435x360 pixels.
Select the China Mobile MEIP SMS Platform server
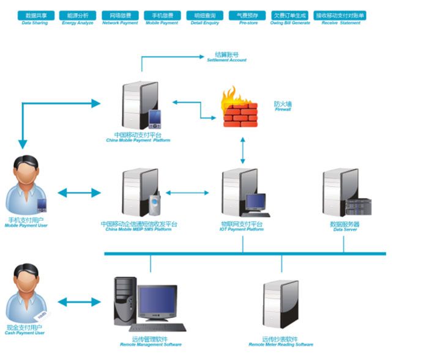point(138,193)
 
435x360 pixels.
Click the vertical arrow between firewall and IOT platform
point(243,150)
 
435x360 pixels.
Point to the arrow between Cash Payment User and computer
point(80,301)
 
